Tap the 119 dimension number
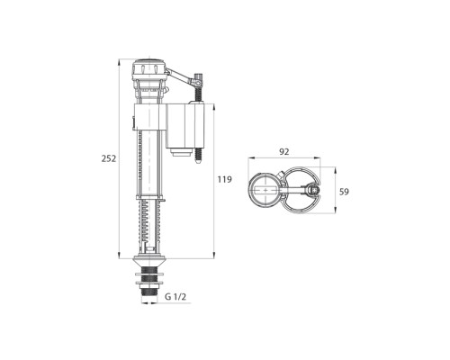(225, 179)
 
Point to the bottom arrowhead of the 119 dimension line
(212, 248)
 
